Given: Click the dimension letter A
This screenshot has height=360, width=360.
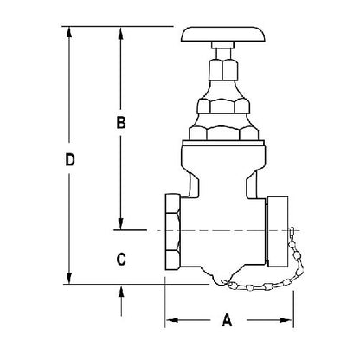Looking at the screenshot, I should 228,320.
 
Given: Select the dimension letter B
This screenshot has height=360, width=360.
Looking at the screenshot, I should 122,123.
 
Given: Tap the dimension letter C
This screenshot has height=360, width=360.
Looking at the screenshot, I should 121,258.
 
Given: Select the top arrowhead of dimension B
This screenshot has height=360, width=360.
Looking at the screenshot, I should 121,32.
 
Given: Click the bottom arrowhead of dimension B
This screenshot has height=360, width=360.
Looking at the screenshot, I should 121,224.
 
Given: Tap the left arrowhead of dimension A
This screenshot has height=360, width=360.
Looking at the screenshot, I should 170,320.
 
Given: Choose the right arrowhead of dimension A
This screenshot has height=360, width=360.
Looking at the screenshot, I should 289,320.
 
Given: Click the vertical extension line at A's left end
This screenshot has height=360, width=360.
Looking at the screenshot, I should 164,303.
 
